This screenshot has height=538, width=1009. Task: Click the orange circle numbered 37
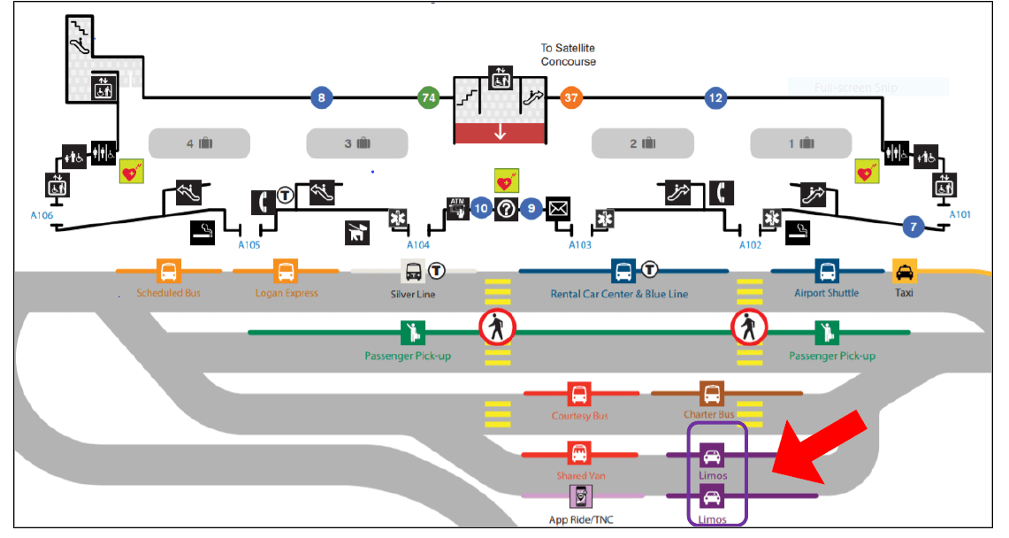pyautogui.click(x=571, y=98)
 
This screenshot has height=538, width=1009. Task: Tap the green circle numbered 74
pyautogui.click(x=429, y=98)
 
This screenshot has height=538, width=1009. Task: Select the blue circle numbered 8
pyautogui.click(x=321, y=98)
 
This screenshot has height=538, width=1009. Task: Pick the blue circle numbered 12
pyautogui.click(x=715, y=98)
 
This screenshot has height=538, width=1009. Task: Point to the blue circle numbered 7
pyautogui.click(x=913, y=227)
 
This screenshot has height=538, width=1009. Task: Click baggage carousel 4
pyautogui.click(x=200, y=143)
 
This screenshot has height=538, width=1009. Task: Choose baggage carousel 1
pyautogui.click(x=800, y=143)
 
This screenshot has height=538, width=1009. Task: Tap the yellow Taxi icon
pyautogui.click(x=905, y=271)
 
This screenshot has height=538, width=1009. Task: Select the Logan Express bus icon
pyautogui.click(x=286, y=271)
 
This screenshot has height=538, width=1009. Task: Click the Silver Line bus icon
pyautogui.click(x=413, y=271)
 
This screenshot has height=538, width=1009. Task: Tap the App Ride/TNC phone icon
pyautogui.click(x=581, y=497)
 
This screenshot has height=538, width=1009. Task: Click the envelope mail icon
pyautogui.click(x=558, y=209)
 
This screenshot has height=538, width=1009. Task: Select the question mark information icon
pyautogui.click(x=506, y=209)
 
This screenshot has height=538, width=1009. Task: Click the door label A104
pyautogui.click(x=418, y=244)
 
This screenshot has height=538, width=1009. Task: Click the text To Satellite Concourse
pyautogui.click(x=569, y=55)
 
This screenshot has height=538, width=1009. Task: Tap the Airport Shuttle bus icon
pyautogui.click(x=828, y=271)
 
